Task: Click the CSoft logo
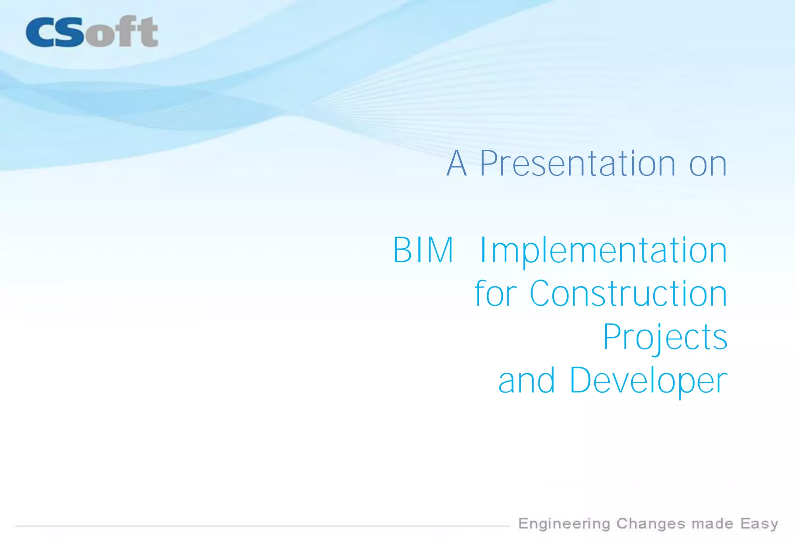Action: click(x=92, y=32)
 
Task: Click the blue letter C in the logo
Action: click(x=40, y=33)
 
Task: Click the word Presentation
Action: click(x=578, y=164)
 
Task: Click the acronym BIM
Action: click(x=423, y=250)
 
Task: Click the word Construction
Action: click(x=628, y=294)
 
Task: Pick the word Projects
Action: click(x=665, y=338)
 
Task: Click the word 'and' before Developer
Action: click(x=526, y=381)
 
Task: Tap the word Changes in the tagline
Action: click(x=651, y=524)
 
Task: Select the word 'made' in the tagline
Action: click(x=712, y=524)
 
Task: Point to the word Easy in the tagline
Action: click(x=759, y=524)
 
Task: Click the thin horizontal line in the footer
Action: click(x=262, y=526)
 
